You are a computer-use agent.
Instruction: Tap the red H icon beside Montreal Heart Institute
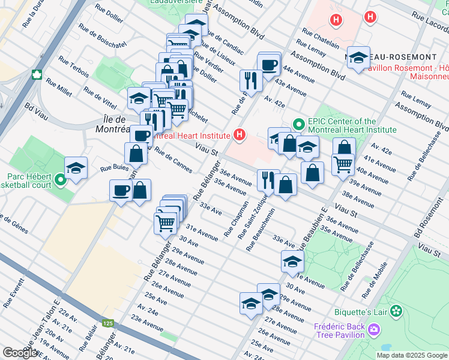tap(240, 134)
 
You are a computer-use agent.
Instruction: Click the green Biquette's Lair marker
tap(396, 311)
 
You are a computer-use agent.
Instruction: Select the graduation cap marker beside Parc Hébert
tap(76, 168)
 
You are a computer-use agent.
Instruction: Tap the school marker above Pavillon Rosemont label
tap(359, 58)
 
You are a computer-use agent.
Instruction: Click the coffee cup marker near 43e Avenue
tap(269, 64)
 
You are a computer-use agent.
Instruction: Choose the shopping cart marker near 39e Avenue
tap(342, 162)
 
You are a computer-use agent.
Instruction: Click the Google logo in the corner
tap(19, 353)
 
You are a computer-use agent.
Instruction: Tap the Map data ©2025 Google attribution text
tap(411, 355)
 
